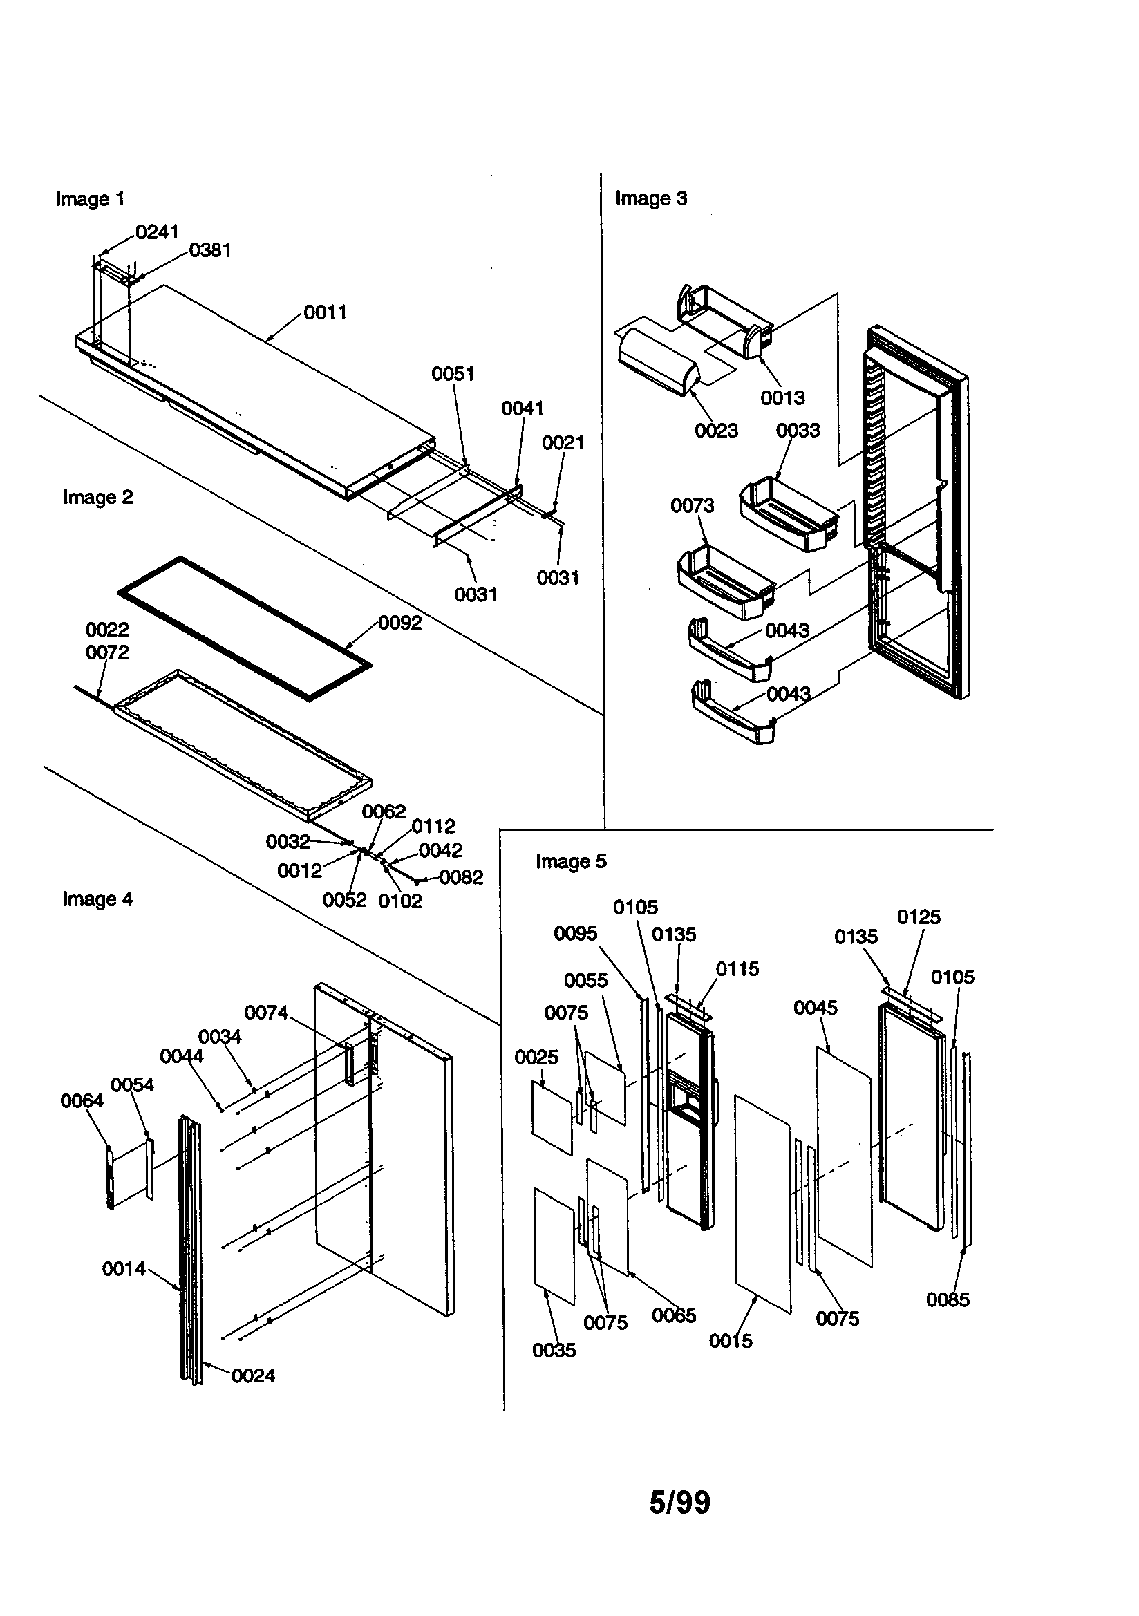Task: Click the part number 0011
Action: pyautogui.click(x=326, y=312)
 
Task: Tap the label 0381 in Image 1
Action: pyautogui.click(x=210, y=251)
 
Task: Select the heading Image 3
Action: pyautogui.click(x=650, y=198)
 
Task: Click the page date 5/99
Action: pyautogui.click(x=679, y=1502)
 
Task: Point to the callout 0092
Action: pyautogui.click(x=400, y=623)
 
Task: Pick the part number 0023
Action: pyautogui.click(x=716, y=431)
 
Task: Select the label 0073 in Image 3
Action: pyautogui.click(x=692, y=506)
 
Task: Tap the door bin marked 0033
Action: pyautogui.click(x=789, y=514)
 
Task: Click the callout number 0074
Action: pyautogui.click(x=266, y=1013)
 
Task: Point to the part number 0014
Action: pyautogui.click(x=123, y=1269)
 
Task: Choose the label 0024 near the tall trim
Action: pyautogui.click(x=253, y=1376)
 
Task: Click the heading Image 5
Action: pyautogui.click(x=570, y=861)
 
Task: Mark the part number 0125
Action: pyautogui.click(x=918, y=917)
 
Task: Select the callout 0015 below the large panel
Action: pyautogui.click(x=730, y=1341)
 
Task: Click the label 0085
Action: pyautogui.click(x=948, y=1300)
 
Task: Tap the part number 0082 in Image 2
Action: pyautogui.click(x=461, y=878)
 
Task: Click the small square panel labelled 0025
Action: pyautogui.click(x=552, y=1117)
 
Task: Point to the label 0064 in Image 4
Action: pyautogui.click(x=82, y=1101)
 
